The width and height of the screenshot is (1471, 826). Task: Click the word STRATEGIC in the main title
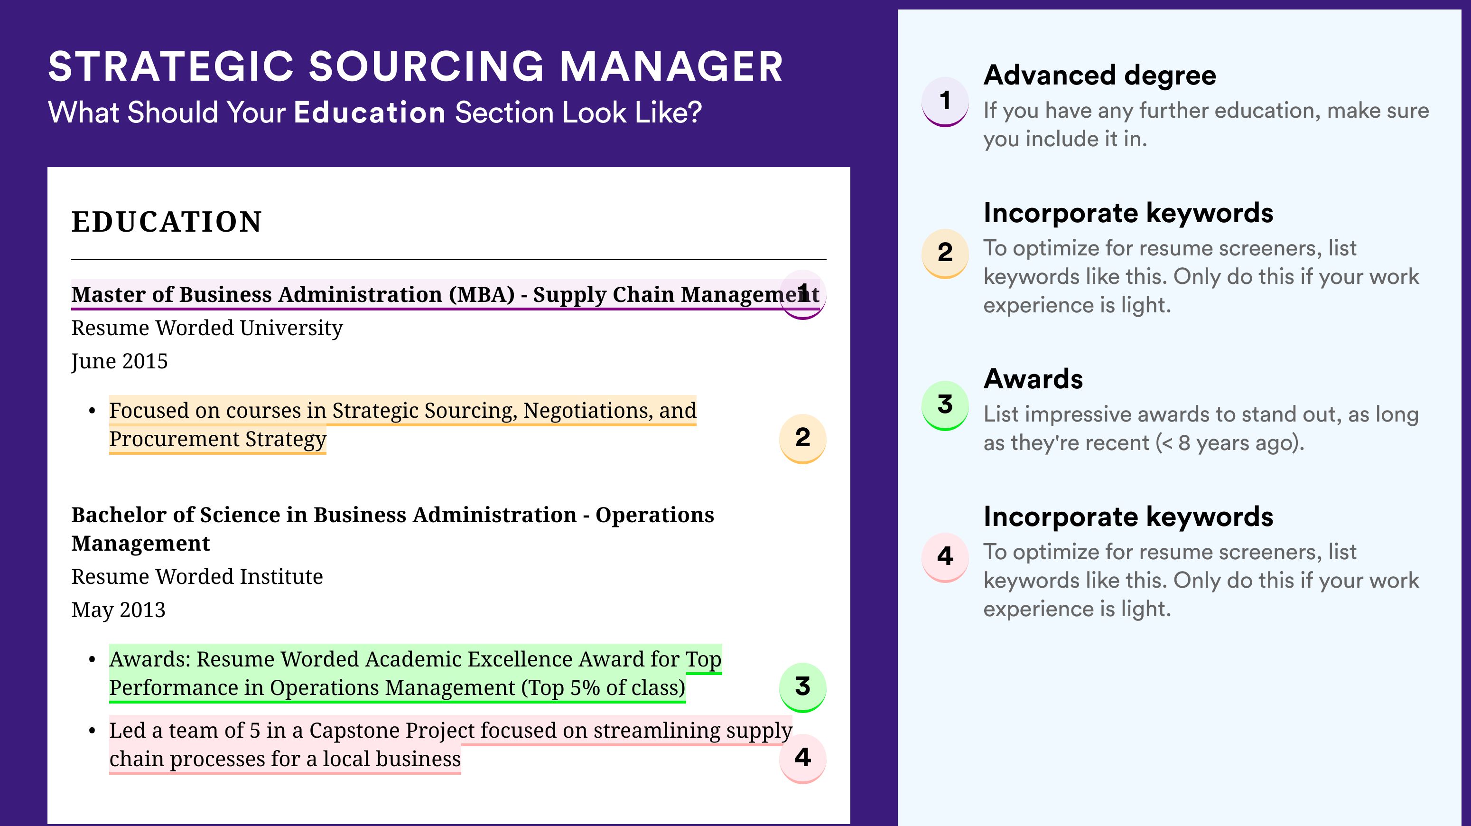coord(171,66)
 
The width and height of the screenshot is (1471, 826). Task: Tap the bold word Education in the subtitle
coord(370,112)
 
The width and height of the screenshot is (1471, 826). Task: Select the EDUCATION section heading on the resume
coord(166,222)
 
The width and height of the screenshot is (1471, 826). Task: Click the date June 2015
coord(120,362)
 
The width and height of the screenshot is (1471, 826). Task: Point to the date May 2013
coord(118,610)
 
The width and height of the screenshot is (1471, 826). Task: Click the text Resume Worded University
coord(207,328)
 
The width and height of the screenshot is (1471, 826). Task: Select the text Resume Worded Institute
coord(197,576)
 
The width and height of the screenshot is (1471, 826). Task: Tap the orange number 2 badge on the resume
coord(802,438)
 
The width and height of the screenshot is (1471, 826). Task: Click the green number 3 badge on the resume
coord(802,686)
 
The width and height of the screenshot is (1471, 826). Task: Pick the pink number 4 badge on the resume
coord(802,758)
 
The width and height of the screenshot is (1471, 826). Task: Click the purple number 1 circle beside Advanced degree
coord(945,101)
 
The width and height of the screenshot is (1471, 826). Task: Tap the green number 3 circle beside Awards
coord(945,405)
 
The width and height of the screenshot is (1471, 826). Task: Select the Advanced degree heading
coord(1100,76)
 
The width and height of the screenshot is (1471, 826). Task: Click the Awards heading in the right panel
coord(1033,379)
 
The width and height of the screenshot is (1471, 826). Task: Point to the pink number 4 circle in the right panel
coord(945,557)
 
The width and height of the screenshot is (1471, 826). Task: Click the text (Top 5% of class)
coord(603,688)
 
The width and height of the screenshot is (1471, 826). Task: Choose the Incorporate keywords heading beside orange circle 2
coord(1128,214)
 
